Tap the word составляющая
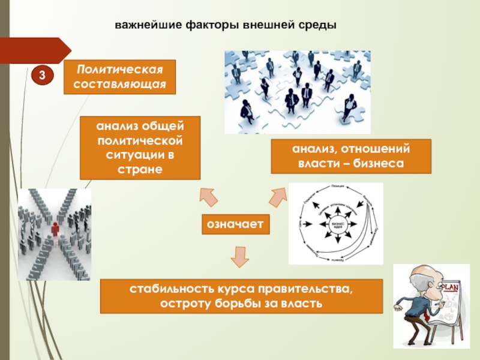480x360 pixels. [x=119, y=84]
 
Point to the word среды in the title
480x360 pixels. [x=317, y=26]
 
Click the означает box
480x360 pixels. [x=236, y=224]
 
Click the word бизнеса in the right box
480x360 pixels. [x=377, y=163]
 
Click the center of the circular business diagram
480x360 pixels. [x=336, y=224]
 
